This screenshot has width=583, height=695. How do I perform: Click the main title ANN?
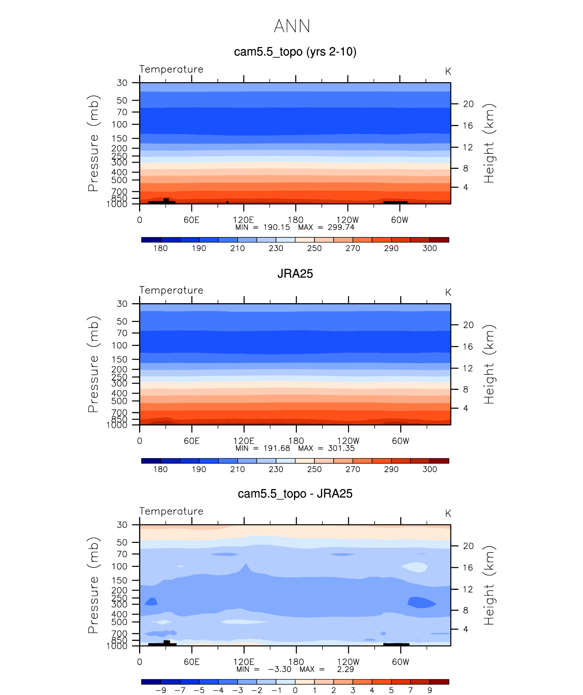click(292, 26)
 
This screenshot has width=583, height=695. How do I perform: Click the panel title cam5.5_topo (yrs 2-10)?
click(295, 52)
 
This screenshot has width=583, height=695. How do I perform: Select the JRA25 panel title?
click(295, 273)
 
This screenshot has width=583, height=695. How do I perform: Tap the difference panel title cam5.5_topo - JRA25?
click(295, 493)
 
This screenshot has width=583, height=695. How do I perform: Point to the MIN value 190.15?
click(276, 227)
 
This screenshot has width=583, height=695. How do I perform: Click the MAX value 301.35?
click(341, 448)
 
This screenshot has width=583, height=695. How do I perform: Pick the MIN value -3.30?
click(280, 669)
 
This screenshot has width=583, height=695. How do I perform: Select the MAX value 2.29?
click(345, 669)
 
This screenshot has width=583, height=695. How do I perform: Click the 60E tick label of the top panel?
click(191, 220)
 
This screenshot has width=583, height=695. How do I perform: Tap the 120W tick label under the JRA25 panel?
click(348, 441)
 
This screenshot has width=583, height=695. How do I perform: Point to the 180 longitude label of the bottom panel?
click(296, 662)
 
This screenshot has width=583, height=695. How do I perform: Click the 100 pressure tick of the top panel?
click(119, 124)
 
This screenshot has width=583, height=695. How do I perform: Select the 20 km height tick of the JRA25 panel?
click(468, 325)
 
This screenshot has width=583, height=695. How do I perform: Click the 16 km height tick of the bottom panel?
click(468, 568)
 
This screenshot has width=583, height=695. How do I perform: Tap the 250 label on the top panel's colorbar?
click(314, 248)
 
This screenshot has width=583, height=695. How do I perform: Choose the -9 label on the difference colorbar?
click(161, 690)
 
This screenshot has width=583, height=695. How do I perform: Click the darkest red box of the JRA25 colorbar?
click(439, 461)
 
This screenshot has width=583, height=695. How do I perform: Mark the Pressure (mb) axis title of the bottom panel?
click(93, 585)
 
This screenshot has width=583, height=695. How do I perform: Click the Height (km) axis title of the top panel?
click(489, 143)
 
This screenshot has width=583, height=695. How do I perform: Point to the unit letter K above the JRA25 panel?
click(448, 293)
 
